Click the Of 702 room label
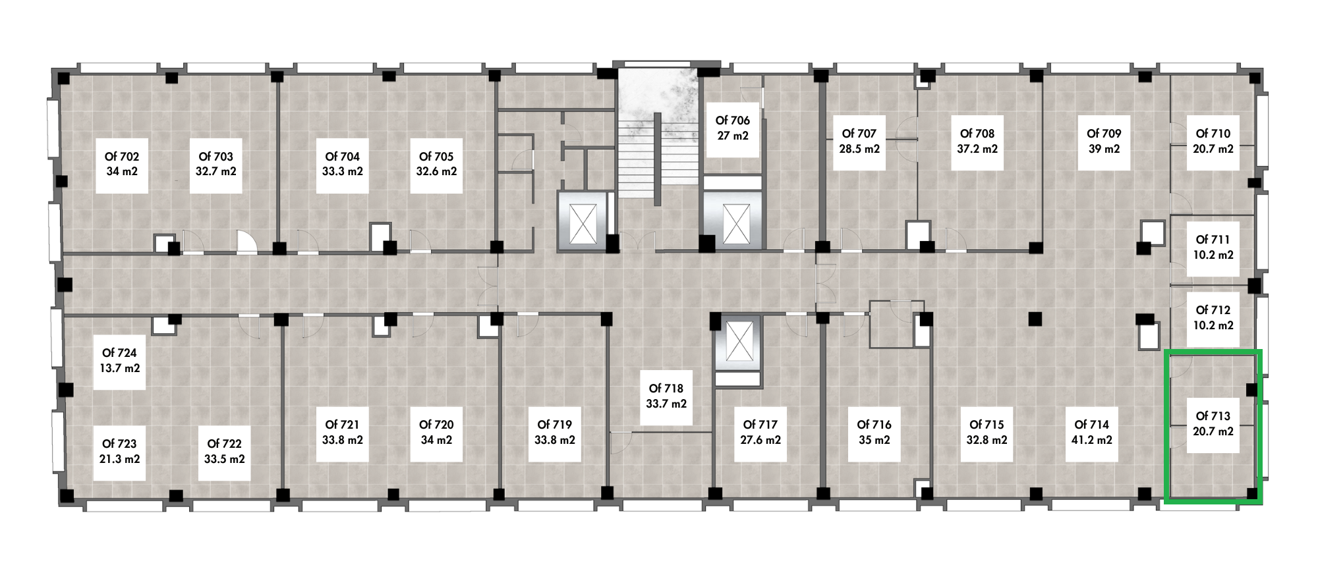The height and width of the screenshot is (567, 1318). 122,164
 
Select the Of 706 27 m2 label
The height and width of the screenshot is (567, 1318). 733,128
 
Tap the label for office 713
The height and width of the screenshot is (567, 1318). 1213,423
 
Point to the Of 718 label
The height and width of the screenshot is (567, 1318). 666,396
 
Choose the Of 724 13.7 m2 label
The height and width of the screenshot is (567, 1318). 120,361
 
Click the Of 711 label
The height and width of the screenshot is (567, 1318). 1213,247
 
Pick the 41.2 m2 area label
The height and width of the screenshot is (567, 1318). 1092,440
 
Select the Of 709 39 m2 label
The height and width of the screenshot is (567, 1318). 1104,141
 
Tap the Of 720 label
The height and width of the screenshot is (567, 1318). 436,432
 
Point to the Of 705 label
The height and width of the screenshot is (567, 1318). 436,164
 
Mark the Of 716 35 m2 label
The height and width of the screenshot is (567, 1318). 874,432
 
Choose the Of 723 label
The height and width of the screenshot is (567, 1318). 120,451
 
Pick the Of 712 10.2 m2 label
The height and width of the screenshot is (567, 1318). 1213,317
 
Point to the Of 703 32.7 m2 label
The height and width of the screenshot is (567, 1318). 216,164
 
